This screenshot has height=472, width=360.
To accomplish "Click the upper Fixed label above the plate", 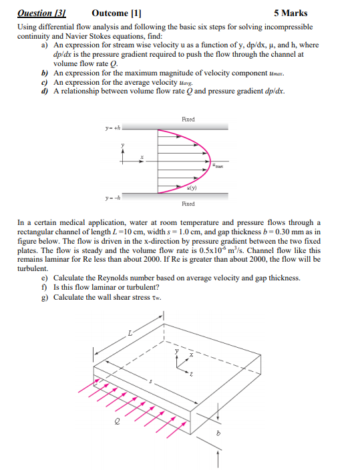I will point(188,119).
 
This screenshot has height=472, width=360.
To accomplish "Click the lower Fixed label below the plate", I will point(188,204).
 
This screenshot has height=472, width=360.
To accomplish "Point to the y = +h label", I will point(112,130).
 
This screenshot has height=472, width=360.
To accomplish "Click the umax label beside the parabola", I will point(218,165).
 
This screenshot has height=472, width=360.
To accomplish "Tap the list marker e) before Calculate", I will point(45,278).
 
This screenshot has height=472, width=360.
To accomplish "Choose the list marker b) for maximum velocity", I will point(45,71).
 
